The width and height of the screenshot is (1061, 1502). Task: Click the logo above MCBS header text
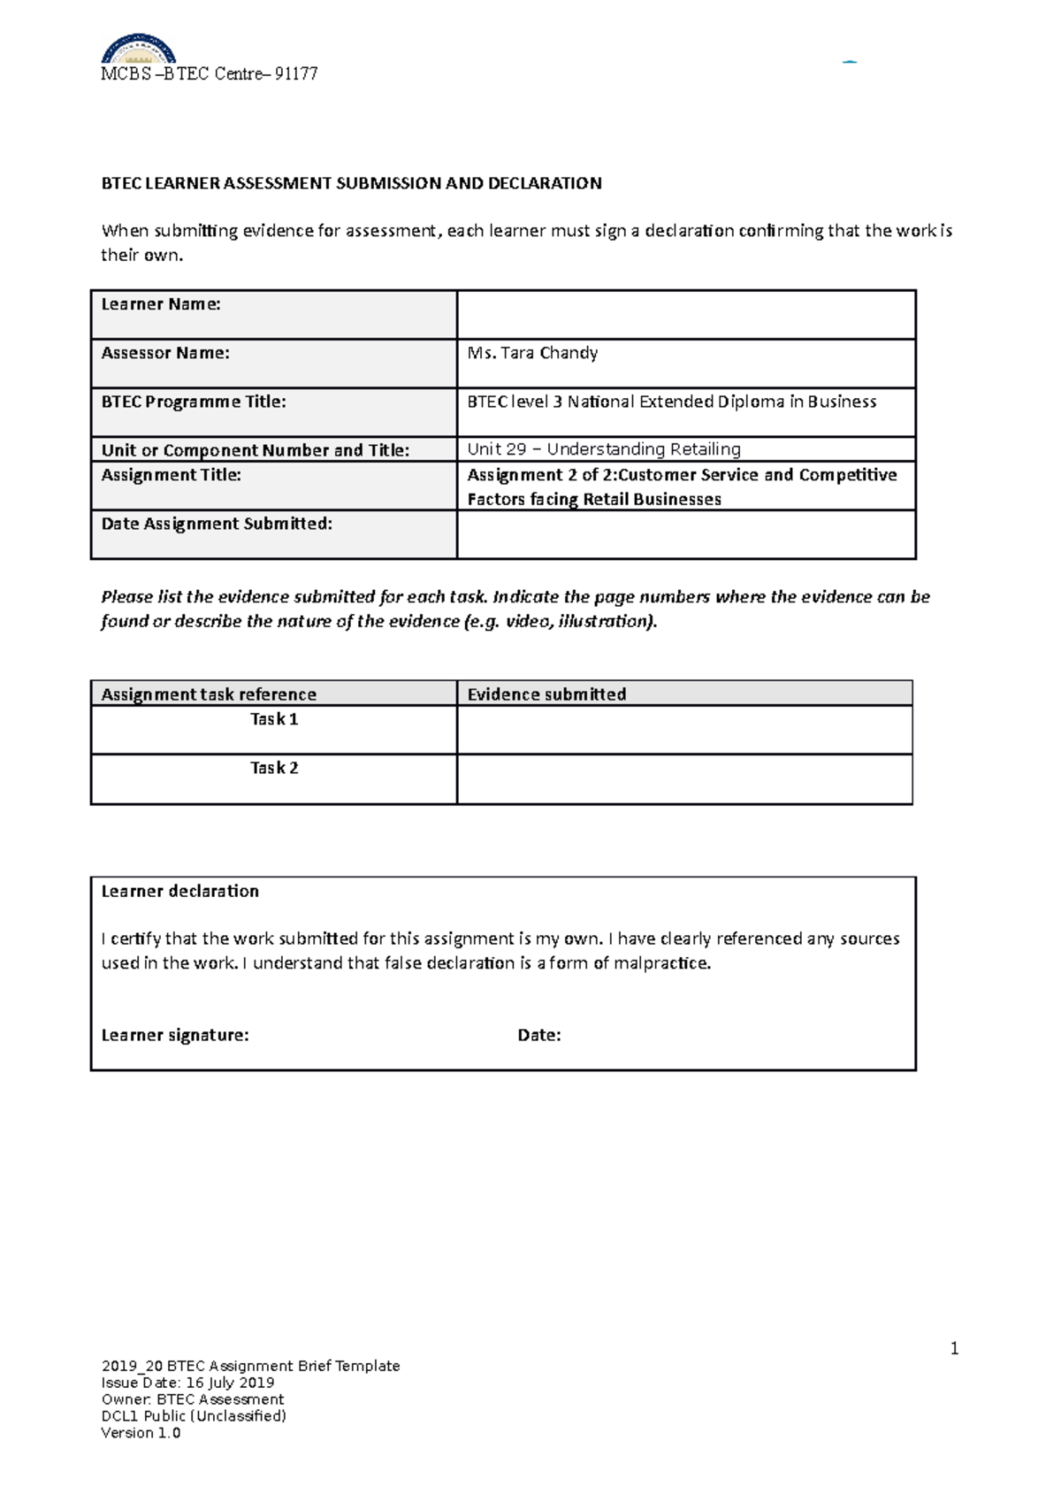tap(138, 49)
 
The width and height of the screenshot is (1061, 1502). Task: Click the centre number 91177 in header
tap(296, 74)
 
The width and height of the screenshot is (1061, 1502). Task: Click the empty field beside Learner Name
tap(685, 314)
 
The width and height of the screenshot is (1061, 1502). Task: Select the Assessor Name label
tap(165, 353)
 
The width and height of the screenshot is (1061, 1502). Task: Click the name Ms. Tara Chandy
tap(532, 353)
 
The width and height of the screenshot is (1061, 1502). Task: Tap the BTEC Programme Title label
tap(194, 402)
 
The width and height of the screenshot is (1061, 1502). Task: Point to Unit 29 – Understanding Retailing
tap(604, 449)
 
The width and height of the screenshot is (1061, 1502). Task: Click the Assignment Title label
tap(171, 475)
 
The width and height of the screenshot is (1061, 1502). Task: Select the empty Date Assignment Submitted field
tap(685, 534)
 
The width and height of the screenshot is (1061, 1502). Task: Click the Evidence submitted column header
tap(546, 694)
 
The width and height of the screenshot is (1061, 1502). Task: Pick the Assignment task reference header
tap(209, 694)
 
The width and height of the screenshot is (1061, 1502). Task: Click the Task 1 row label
tap(274, 719)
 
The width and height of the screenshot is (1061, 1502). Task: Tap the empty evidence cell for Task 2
tap(683, 779)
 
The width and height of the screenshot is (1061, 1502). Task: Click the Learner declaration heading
tap(180, 892)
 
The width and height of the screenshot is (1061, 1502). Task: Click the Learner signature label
tap(175, 1035)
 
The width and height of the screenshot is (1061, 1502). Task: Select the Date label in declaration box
tap(538, 1035)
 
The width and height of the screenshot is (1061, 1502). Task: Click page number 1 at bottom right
tap(954, 1348)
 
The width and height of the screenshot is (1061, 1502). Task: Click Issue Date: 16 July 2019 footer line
tap(187, 1383)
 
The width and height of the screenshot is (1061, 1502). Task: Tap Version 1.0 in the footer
tap(141, 1433)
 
